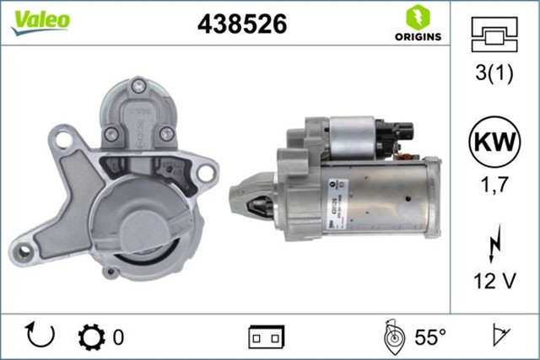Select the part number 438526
coord(242,24)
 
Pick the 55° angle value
coord(429,337)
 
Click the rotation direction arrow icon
coord(40,336)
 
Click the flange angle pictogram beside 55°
coord(393,336)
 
